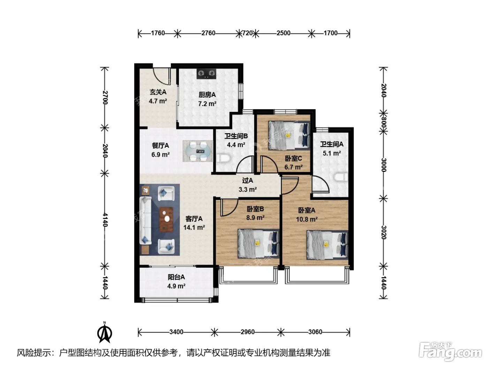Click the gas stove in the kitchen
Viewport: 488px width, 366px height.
pyautogui.click(x=207, y=74)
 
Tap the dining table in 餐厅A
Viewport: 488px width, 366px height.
pyautogui.click(x=197, y=151)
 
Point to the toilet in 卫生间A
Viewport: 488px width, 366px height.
pyautogui.click(x=341, y=177)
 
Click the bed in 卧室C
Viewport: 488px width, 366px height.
pyautogui.click(x=289, y=135)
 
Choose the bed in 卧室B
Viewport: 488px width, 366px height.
pyautogui.click(x=259, y=244)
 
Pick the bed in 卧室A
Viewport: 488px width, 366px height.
pyautogui.click(x=327, y=245)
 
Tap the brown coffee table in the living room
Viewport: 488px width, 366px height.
pyautogui.click(x=166, y=220)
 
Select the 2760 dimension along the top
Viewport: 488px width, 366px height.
pyautogui.click(x=208, y=33)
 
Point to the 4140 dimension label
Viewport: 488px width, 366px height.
pyautogui.click(x=105, y=220)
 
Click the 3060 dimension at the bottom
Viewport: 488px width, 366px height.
pyautogui.click(x=315, y=332)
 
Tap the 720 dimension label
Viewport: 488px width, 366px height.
pyautogui.click(x=247, y=33)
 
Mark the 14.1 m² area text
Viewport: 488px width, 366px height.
pyautogui.click(x=194, y=227)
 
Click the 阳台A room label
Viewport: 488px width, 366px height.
pyautogui.click(x=176, y=277)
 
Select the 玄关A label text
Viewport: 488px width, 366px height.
pyautogui.click(x=158, y=92)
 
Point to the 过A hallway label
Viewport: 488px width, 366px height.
pyautogui.click(x=247, y=181)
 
